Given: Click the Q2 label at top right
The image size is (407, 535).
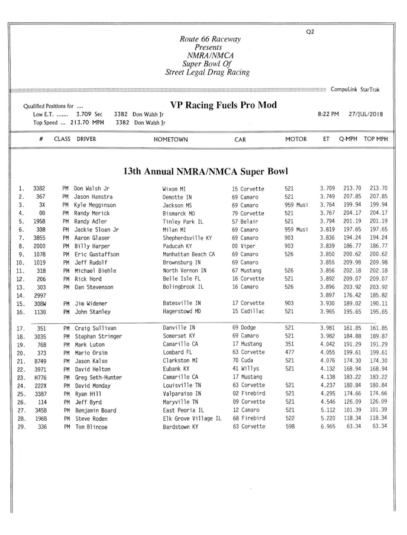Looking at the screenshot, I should tap(311, 31).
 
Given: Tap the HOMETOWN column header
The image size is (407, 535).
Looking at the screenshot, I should tap(170, 140).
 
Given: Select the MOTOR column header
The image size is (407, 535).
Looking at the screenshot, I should tap(296, 140).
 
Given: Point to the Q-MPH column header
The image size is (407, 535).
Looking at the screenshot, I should tap(348, 140).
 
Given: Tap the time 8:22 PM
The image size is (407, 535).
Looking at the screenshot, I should tap(328, 114).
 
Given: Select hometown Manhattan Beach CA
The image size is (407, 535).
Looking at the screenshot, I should tap(189, 254).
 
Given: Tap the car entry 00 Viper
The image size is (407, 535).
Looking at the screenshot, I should tap(246, 246).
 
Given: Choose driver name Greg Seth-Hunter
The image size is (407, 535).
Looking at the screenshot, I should tap(98, 377).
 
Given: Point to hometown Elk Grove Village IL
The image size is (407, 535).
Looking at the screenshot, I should tap(192, 418).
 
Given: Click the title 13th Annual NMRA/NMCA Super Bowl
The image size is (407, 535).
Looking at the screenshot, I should tap(205, 172).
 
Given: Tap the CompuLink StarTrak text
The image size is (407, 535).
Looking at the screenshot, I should tap(355, 89).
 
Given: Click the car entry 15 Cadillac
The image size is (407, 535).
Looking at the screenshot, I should tap(248, 311).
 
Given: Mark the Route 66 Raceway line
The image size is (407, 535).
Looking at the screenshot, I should tap(210, 39).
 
